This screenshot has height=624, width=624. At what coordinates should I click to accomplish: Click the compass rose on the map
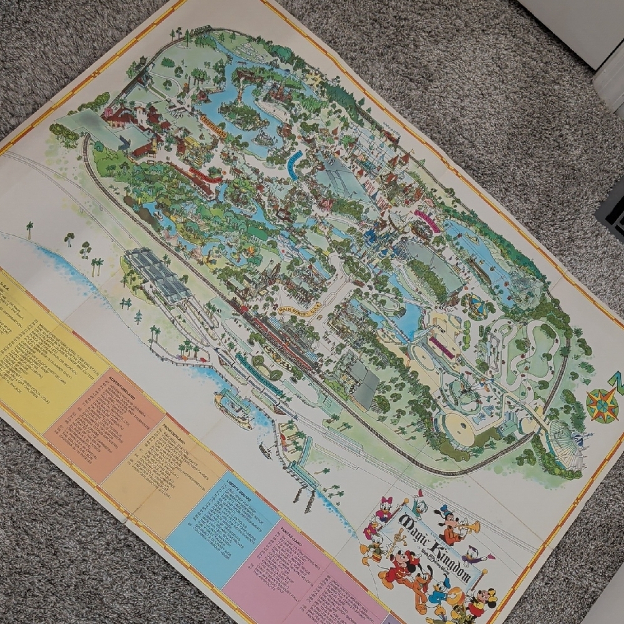602,404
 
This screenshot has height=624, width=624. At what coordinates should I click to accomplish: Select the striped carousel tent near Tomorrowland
477,306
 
